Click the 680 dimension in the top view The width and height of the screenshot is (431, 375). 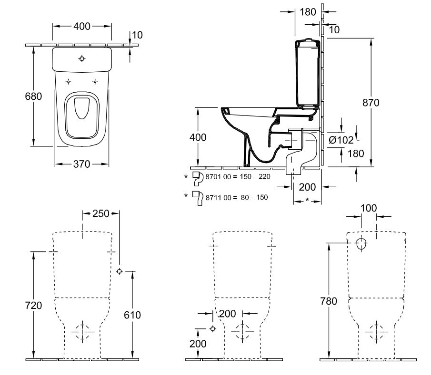33,96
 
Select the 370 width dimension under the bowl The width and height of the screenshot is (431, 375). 82,164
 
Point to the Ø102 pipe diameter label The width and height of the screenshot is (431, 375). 341,140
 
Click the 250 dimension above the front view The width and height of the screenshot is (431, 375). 101,214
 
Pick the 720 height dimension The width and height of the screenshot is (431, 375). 33,305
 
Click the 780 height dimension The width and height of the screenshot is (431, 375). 329,301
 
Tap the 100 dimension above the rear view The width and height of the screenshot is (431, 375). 369,207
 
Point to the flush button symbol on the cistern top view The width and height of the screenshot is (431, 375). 82,59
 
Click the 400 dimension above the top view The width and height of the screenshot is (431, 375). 82,27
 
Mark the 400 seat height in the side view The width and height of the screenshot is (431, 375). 198,137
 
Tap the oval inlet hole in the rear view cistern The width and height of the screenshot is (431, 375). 361,244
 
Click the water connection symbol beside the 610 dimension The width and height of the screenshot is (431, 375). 119,271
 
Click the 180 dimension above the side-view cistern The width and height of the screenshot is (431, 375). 308,12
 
